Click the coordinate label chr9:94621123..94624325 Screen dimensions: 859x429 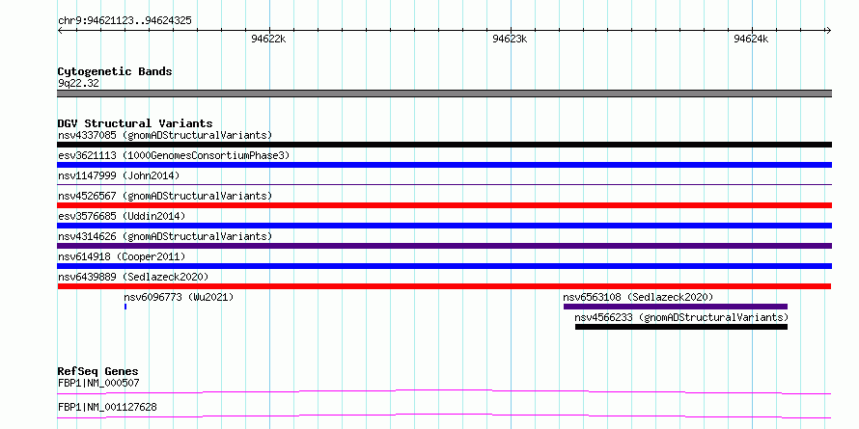125,21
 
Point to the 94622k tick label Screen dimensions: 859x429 268,39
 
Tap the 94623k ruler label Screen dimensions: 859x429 510,39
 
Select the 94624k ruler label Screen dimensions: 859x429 751,39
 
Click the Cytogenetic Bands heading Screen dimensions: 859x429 115,71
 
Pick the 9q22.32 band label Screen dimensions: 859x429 79,84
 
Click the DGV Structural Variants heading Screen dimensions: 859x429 135,123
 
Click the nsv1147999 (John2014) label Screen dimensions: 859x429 119,175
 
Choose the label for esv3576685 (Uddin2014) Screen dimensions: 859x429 122,216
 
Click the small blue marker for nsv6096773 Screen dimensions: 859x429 125,307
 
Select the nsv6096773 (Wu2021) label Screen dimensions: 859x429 179,297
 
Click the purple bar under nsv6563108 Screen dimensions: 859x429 676,307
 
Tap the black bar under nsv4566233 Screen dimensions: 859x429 681,327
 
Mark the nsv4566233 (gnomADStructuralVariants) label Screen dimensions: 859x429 681,317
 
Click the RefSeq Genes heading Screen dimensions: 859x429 98,371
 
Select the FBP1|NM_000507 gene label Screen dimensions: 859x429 98,383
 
